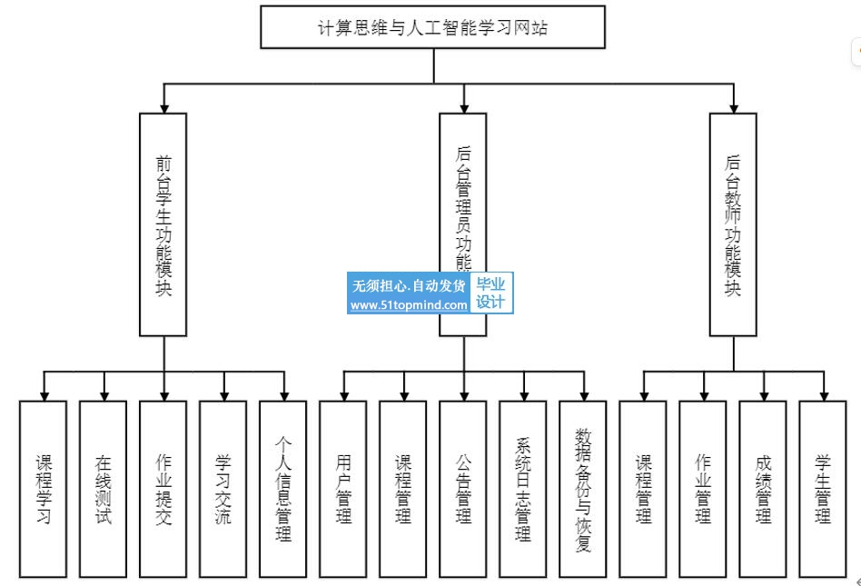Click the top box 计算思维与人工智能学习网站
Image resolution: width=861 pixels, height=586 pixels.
tap(433, 26)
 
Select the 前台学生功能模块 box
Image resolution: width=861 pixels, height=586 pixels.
tap(163, 224)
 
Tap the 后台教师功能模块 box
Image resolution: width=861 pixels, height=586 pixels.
tap(733, 224)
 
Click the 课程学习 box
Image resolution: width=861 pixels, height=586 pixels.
tap(44, 489)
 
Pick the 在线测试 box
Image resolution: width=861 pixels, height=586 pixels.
tap(104, 489)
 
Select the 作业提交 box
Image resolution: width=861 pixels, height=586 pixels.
tap(163, 489)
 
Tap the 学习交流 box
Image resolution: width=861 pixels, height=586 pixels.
tap(223, 489)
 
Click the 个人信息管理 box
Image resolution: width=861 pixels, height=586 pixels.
tap(283, 489)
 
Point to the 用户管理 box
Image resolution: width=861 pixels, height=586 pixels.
tap(343, 489)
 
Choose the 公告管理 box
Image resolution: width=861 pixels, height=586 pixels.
tap(463, 489)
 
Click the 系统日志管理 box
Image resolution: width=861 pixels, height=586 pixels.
tap(523, 489)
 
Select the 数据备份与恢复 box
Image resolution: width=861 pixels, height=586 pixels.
tap(583, 489)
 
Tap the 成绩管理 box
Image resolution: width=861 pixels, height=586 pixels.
tap(763, 489)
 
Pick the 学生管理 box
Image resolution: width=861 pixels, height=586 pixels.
tap(823, 489)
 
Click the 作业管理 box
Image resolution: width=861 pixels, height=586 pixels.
tap(703, 489)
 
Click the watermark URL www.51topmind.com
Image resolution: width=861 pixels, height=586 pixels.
tap(409, 305)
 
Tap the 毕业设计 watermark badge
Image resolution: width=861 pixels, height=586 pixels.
tap(490, 293)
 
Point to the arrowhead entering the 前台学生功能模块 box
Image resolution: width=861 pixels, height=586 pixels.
tap(163, 107)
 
